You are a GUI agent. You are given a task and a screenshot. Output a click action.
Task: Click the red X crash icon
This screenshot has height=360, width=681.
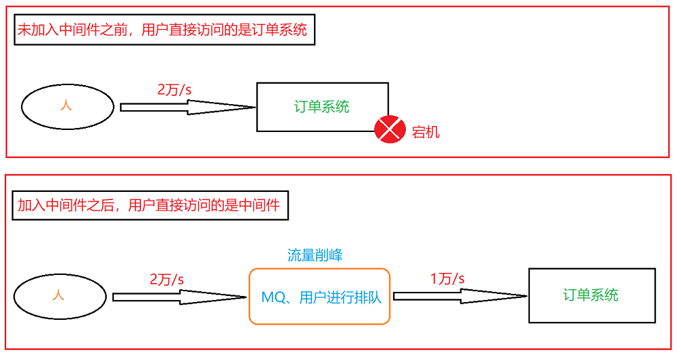[390, 129]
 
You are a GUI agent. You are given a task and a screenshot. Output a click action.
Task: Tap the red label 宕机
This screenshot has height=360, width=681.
[426, 132]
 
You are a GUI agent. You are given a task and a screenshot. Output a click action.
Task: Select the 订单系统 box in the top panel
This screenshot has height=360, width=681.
[322, 107]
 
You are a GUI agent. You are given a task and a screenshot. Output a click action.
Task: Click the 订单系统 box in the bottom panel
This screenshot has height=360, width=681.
[592, 295]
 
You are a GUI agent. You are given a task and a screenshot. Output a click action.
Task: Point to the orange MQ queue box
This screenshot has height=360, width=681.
[319, 297]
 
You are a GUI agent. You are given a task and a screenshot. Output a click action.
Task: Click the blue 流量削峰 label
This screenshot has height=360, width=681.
[315, 255]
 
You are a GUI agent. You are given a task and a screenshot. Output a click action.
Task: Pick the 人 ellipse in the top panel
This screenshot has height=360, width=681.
[67, 107]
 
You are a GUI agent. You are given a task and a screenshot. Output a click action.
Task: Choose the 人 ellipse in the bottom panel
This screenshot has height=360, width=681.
[59, 296]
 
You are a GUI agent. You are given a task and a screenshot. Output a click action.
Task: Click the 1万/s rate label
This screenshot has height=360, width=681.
[447, 278]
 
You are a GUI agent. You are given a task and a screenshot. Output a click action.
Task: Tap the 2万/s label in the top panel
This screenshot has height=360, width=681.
[175, 89]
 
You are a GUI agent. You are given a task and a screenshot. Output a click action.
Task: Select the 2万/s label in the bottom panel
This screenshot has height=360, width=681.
[168, 279]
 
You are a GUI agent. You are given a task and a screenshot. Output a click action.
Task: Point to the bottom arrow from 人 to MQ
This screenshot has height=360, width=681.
[179, 297]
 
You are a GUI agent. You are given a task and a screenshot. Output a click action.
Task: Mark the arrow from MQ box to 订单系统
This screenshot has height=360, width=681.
[460, 296]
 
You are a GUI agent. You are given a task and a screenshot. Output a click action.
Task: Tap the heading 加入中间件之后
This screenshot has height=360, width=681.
[150, 205]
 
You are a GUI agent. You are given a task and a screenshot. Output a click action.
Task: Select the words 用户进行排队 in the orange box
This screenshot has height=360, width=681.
[340, 297]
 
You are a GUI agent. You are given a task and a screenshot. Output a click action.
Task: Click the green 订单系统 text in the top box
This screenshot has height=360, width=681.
[321, 107]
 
